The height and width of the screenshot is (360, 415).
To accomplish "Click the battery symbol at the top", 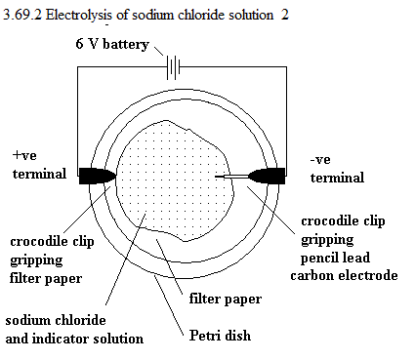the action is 173,67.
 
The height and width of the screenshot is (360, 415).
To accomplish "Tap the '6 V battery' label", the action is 112,45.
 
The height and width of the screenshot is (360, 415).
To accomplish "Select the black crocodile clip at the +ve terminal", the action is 97,176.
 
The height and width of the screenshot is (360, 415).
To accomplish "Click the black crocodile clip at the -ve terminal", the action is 267,176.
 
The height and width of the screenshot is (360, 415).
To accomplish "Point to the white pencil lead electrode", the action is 235,177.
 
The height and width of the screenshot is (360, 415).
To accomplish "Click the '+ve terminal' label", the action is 39,165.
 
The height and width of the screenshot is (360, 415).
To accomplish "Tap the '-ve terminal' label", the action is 337,169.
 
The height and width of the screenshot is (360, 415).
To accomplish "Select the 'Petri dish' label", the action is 220,336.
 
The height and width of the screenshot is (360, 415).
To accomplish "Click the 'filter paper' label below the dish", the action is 226,300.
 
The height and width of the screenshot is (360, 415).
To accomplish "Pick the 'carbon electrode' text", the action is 344,275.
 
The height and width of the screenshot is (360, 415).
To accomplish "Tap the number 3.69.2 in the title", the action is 22,15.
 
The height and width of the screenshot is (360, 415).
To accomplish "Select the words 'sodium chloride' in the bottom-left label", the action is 56,320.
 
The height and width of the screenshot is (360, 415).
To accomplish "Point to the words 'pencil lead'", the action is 335,258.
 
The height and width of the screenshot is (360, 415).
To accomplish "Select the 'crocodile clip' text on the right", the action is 343,221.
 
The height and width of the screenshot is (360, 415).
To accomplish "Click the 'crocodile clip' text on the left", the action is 52,242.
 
